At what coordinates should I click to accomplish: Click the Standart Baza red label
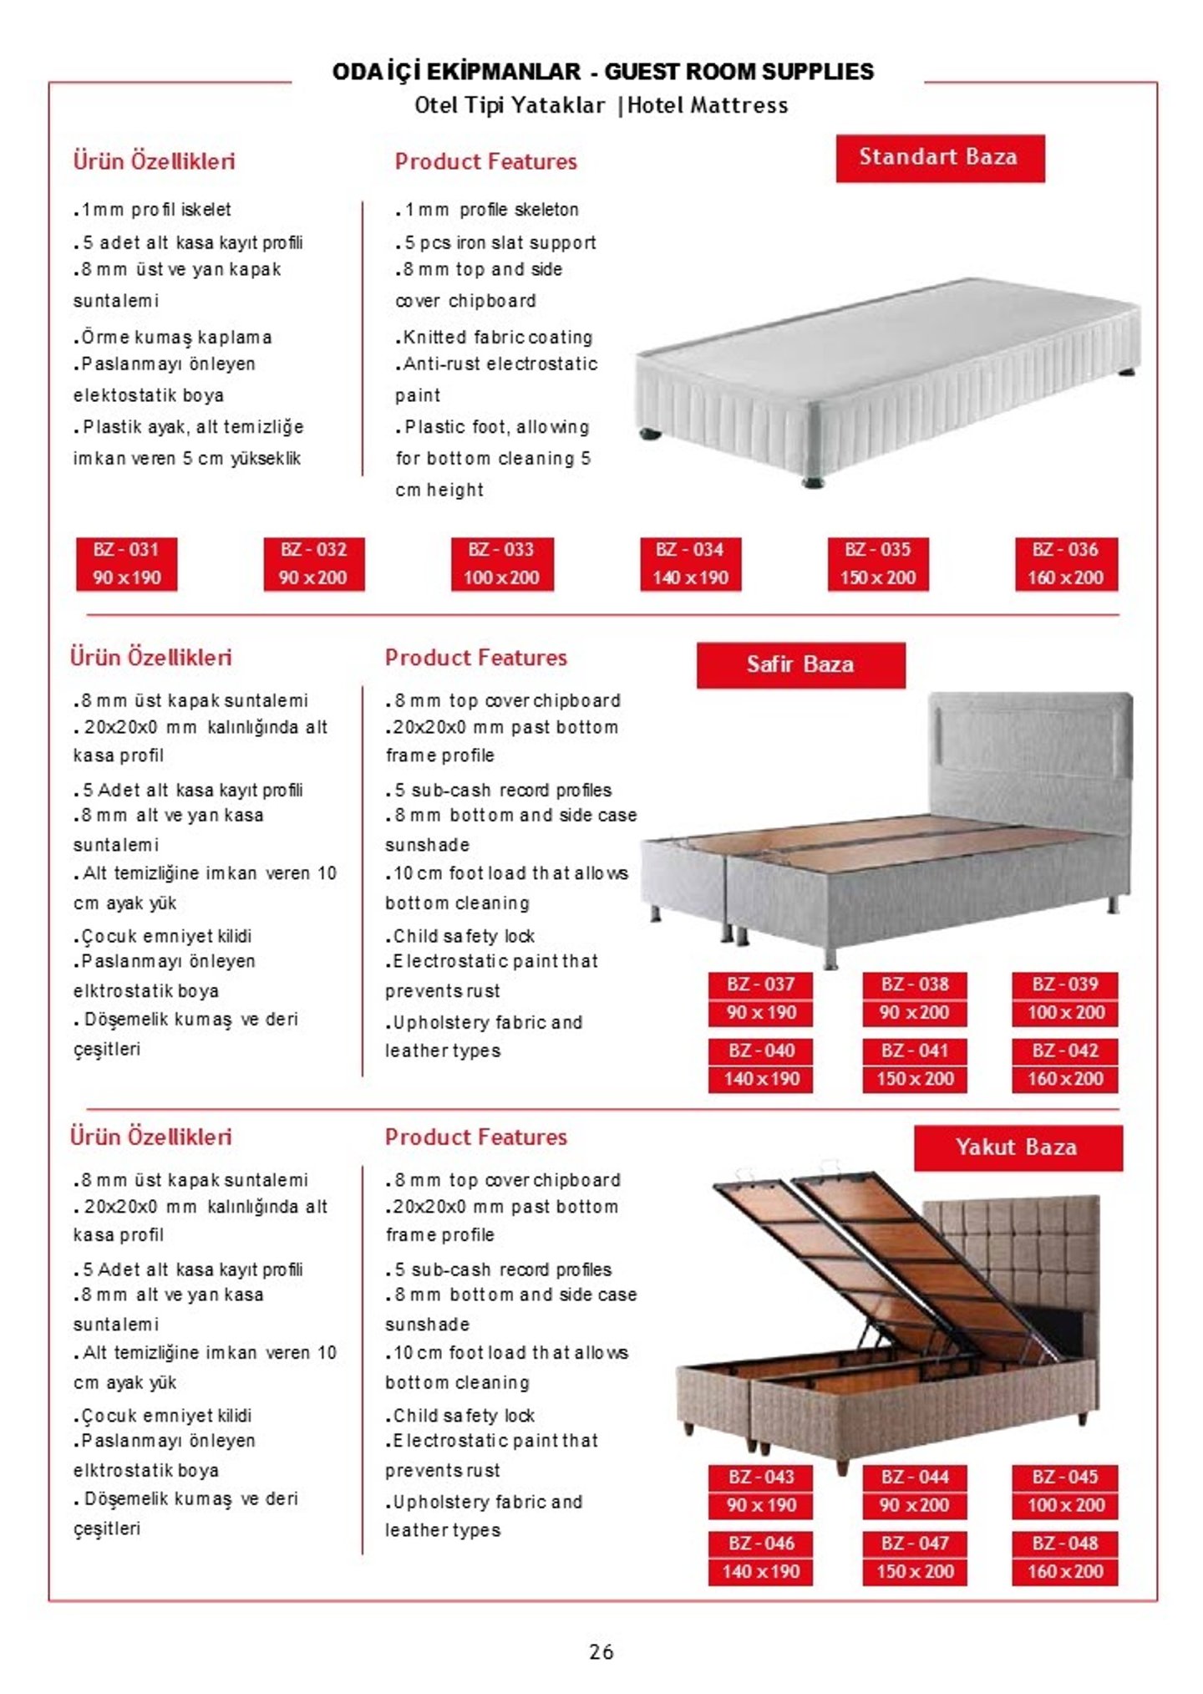[x=939, y=158]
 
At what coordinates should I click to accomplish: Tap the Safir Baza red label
[x=800, y=665]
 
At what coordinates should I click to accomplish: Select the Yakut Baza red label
[x=1017, y=1147]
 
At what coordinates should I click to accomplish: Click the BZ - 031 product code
[x=126, y=550]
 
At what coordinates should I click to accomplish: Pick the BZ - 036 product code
[x=1065, y=550]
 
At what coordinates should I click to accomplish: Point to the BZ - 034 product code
[x=690, y=550]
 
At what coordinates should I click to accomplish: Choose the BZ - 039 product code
[x=1065, y=984]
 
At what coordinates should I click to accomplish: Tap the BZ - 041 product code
[x=915, y=1050]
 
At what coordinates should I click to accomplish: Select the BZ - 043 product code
[x=761, y=1478]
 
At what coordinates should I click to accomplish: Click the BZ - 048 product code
[x=1065, y=1544]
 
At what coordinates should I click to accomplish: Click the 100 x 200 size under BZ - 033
[x=502, y=577]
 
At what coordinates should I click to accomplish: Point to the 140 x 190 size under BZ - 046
[x=761, y=1572]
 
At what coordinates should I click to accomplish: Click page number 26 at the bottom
[x=601, y=1652]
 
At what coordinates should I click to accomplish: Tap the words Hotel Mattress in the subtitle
[x=708, y=106]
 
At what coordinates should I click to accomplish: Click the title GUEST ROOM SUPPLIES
[x=739, y=72]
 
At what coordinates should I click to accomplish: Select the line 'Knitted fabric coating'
[x=494, y=338]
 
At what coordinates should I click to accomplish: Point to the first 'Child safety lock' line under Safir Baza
[x=460, y=937]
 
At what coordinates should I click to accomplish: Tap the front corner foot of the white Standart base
[x=811, y=481]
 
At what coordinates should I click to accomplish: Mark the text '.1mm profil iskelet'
[x=152, y=210]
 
